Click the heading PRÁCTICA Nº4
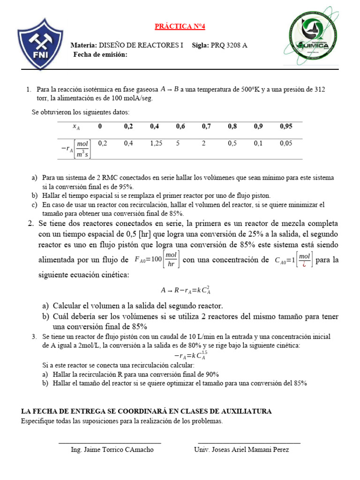pyautogui.click(x=180, y=27)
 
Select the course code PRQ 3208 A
pyautogui.click(x=229, y=45)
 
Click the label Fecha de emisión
pyautogui.click(x=100, y=55)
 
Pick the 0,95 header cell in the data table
pyautogui.click(x=286, y=126)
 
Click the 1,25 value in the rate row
pyautogui.click(x=156, y=143)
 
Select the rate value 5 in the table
pyautogui.click(x=178, y=143)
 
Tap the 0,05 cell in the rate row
pyautogui.click(x=286, y=143)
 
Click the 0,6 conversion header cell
pyautogui.click(x=180, y=126)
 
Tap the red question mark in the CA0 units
pyautogui.click(x=304, y=263)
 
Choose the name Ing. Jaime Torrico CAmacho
pyautogui.click(x=112, y=450)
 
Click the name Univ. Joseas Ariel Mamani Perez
pyautogui.click(x=241, y=450)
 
